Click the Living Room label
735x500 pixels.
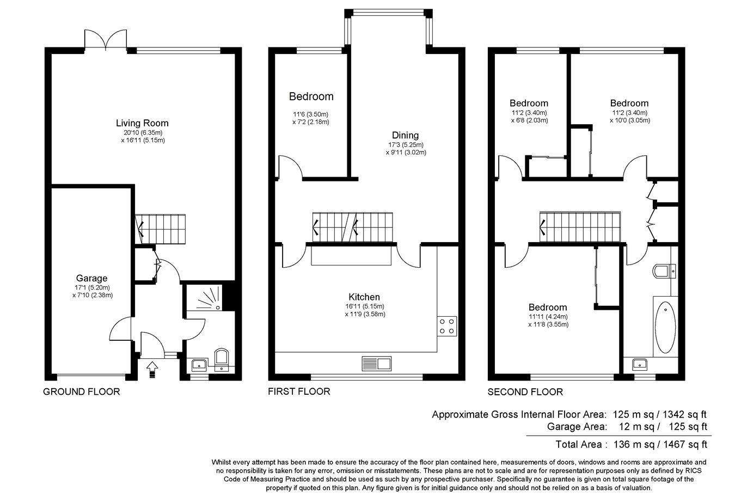click(142, 123)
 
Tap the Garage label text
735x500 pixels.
click(91, 278)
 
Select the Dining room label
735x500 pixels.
click(406, 135)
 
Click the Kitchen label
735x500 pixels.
click(364, 297)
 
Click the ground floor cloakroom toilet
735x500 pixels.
click(222, 359)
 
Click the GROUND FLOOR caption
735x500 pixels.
click(81, 391)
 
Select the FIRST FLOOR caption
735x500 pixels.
click(299, 391)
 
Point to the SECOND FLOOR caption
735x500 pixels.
click(525, 391)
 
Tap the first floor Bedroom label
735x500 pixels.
click(311, 97)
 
